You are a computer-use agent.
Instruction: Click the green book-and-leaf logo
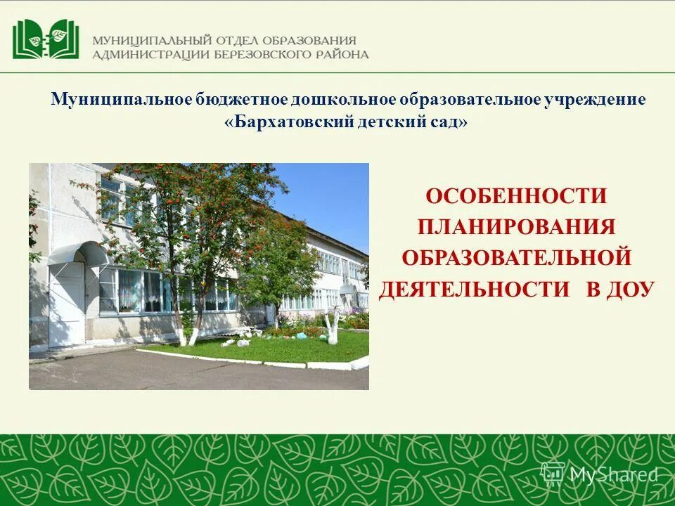tap(46, 39)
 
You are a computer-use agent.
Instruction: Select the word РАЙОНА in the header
tap(340, 55)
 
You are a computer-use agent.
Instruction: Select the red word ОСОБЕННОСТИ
tap(516, 196)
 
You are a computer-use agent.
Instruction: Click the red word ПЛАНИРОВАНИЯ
tap(516, 227)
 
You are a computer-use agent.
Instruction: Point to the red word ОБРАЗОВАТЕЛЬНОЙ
tap(516, 258)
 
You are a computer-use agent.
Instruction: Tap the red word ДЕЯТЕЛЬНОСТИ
tap(474, 289)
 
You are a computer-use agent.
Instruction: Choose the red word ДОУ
tap(629, 289)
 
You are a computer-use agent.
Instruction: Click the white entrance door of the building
tap(66, 305)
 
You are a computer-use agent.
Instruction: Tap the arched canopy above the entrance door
tap(79, 252)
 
